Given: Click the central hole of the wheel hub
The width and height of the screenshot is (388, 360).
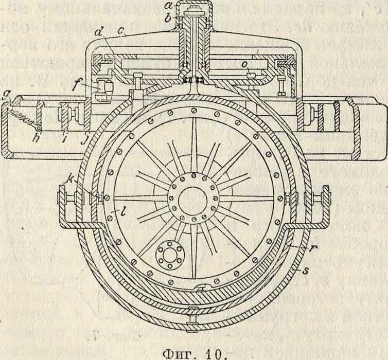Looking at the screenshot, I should pyautogui.click(x=193, y=198).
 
